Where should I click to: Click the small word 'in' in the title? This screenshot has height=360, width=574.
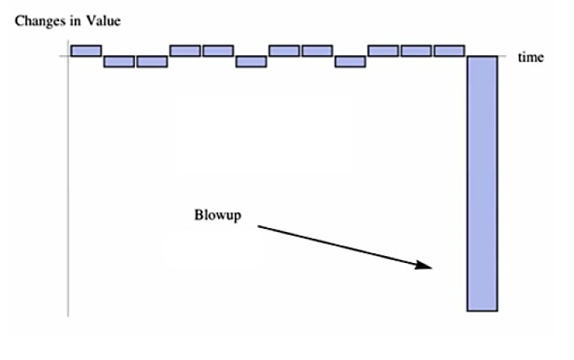click(76, 21)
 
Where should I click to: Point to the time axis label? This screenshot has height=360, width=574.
click(530, 58)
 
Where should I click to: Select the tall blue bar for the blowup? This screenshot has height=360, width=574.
click(482, 183)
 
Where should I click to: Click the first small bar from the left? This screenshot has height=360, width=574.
click(86, 51)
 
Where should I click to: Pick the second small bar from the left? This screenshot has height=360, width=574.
click(119, 61)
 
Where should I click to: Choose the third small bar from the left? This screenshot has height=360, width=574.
click(151, 61)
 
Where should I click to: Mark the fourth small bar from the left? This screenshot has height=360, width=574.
click(185, 51)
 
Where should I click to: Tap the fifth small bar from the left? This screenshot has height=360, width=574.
click(217, 51)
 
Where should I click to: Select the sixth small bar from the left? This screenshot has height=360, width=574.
click(251, 61)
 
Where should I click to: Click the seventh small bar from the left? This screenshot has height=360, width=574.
click(284, 51)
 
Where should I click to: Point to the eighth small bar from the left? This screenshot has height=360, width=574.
click(317, 51)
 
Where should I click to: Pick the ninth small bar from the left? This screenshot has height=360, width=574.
click(350, 61)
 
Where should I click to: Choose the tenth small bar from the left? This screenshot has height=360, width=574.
click(383, 51)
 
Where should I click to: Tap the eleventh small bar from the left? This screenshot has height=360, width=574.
click(416, 51)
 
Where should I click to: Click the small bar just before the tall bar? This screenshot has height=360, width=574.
click(449, 51)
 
